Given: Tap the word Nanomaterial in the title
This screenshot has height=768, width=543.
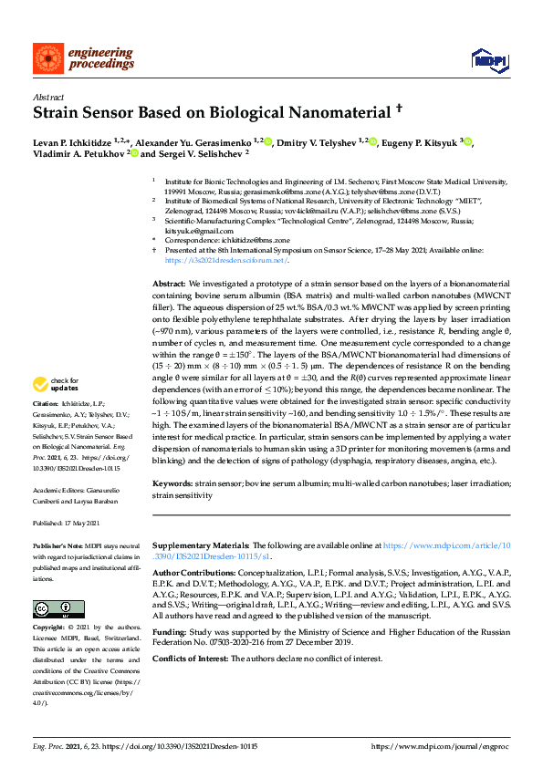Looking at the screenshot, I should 315,112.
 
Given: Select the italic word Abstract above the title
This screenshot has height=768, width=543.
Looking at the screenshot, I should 47,95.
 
